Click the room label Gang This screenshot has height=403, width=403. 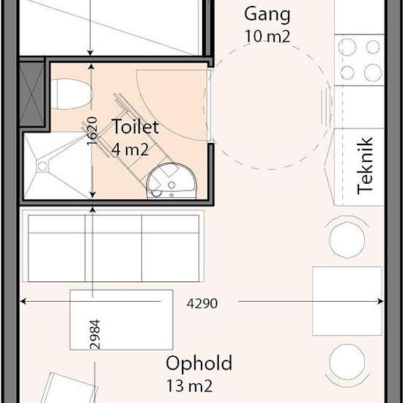[x=267, y=15]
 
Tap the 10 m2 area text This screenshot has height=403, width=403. [x=267, y=37]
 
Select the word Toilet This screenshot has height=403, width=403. [x=136, y=127]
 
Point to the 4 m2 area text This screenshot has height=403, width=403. [x=130, y=149]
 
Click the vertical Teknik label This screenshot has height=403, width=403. [x=365, y=166]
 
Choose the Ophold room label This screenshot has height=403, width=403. [x=199, y=363]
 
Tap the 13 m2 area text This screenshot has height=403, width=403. [x=190, y=385]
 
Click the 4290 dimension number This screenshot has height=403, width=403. [x=202, y=303]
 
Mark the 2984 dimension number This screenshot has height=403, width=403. [x=95, y=334]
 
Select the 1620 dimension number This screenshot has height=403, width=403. [x=92, y=131]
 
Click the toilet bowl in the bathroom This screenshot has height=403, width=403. [x=72, y=94]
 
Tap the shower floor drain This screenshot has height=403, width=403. [x=42, y=166]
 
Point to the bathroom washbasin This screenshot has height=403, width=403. [x=172, y=181]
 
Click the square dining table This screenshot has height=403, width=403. [x=347, y=301]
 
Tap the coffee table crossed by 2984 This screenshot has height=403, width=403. [x=122, y=319]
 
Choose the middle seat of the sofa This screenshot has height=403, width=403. [x=114, y=248]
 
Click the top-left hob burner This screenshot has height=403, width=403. [x=347, y=48]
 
